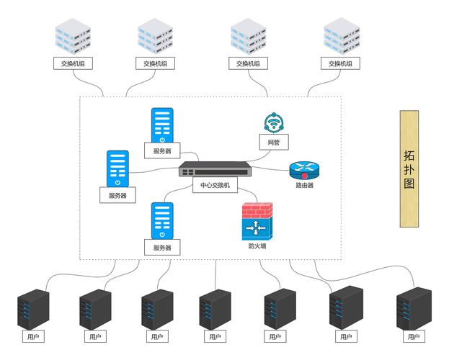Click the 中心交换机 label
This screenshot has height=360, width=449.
click(215, 185)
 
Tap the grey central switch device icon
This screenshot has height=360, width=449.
click(215, 171)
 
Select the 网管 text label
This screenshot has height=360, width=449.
click(274, 143)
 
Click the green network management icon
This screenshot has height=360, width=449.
click(274, 123)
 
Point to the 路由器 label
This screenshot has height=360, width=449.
click(304, 185)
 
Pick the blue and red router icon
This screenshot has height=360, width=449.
click(303, 170)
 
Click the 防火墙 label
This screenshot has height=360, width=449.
click(257, 246)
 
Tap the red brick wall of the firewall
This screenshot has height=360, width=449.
click(257, 212)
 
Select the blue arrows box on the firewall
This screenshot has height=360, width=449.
click(257, 230)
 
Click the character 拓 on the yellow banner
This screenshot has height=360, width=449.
click(409, 156)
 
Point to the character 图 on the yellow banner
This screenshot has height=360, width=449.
click(409, 184)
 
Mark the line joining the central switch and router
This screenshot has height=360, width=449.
click(270, 171)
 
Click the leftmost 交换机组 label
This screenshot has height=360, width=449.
click(74, 63)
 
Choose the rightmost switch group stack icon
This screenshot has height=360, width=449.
click(340, 37)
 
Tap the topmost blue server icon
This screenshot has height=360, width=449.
click(162, 126)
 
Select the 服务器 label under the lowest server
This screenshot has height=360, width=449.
click(162, 248)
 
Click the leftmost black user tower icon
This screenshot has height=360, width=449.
click(32, 309)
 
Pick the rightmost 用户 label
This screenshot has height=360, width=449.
click(413, 336)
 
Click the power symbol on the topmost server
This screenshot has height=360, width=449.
click(162, 140)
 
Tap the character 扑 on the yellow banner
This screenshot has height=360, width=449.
click(409, 170)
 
